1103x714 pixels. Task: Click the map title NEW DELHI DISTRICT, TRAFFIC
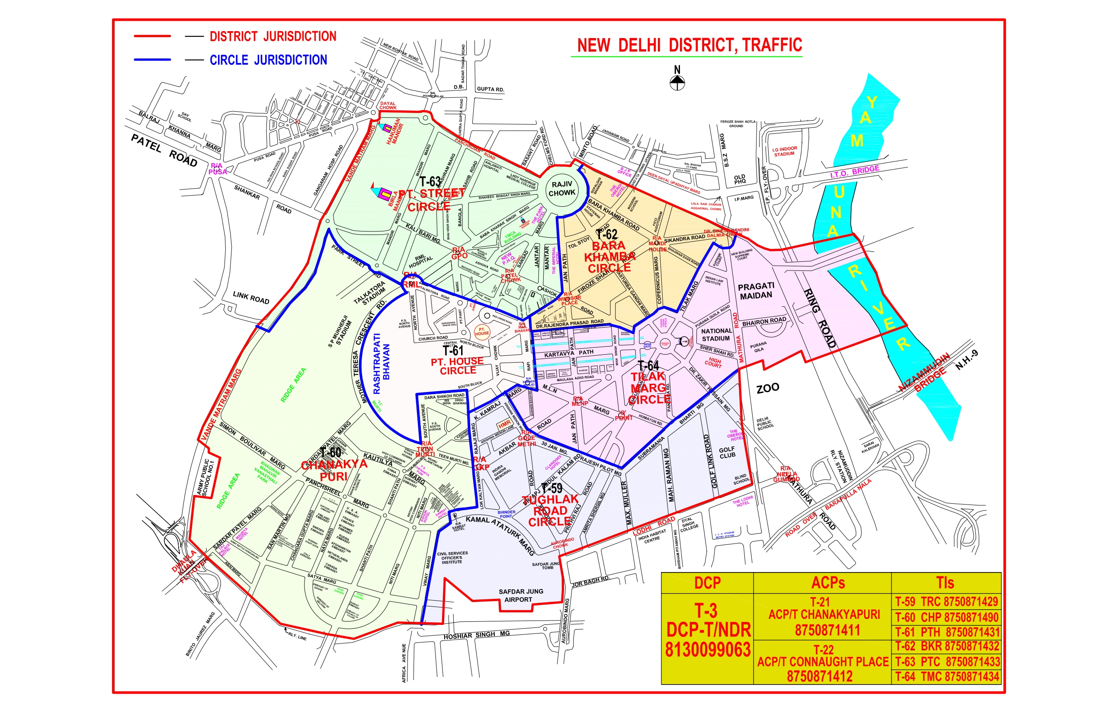coord(689,45)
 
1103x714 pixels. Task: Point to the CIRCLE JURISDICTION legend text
coord(268,60)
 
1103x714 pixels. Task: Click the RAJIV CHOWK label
coord(562,189)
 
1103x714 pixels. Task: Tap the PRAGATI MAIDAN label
coord(756,291)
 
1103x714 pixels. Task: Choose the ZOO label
coord(767,388)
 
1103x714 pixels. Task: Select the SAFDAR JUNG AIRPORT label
coord(520,595)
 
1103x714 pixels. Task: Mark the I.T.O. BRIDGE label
coord(854,171)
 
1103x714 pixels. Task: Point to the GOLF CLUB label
coord(727,452)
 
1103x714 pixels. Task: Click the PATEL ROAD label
coord(164,150)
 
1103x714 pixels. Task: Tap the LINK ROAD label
coord(251,297)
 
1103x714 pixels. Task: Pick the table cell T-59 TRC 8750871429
coord(946,602)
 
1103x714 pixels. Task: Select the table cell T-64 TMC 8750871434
coord(946,677)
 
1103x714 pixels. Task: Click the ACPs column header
coord(828,583)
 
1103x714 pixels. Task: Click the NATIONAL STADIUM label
coord(716,335)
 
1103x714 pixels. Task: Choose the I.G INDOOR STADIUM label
coord(784,151)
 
